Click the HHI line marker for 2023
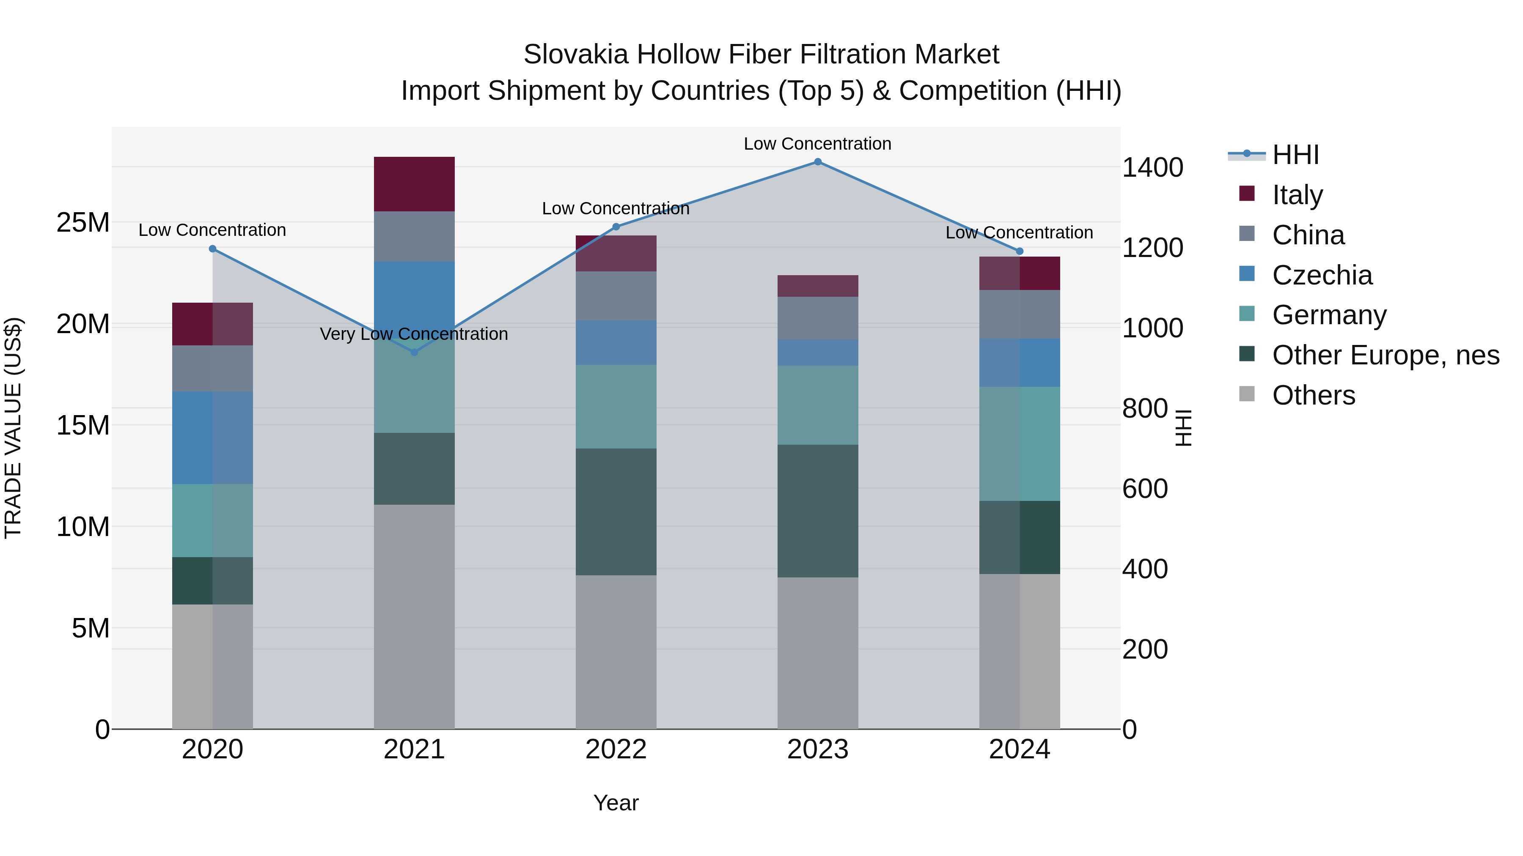coord(818,162)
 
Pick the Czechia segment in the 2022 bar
coord(616,343)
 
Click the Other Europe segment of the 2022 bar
coord(616,511)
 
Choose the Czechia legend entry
coord(1322,275)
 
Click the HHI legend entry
coord(1295,155)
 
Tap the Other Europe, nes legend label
coord(1385,356)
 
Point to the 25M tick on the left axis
coord(83,223)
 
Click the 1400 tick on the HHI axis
coord(1152,168)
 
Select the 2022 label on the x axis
coord(616,749)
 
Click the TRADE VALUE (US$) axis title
coord(14,428)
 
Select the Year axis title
coord(616,803)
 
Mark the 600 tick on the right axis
coord(1145,489)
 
